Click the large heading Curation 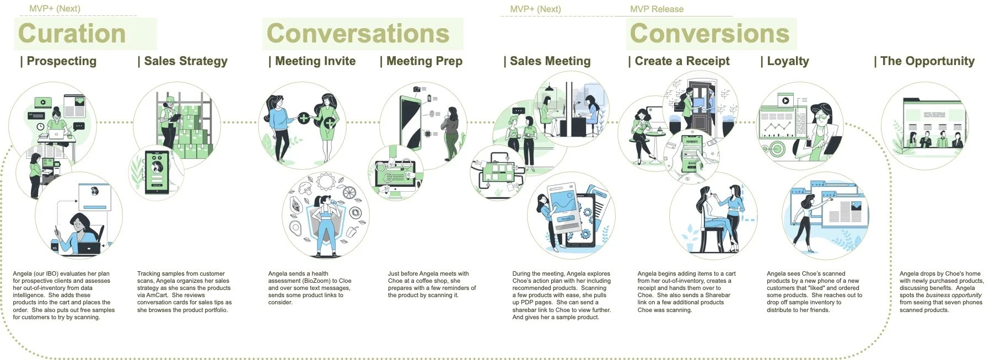[72, 34]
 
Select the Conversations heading [358, 34]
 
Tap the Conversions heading [709, 34]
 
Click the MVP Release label [657, 9]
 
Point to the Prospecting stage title [61, 61]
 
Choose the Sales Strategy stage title [185, 61]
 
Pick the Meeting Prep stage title [424, 61]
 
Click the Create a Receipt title [682, 61]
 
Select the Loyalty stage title [788, 61]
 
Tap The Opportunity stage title [927, 61]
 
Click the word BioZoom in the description [316, 281]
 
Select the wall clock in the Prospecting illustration [41, 127]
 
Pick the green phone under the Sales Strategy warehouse [157, 171]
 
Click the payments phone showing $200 [691, 156]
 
